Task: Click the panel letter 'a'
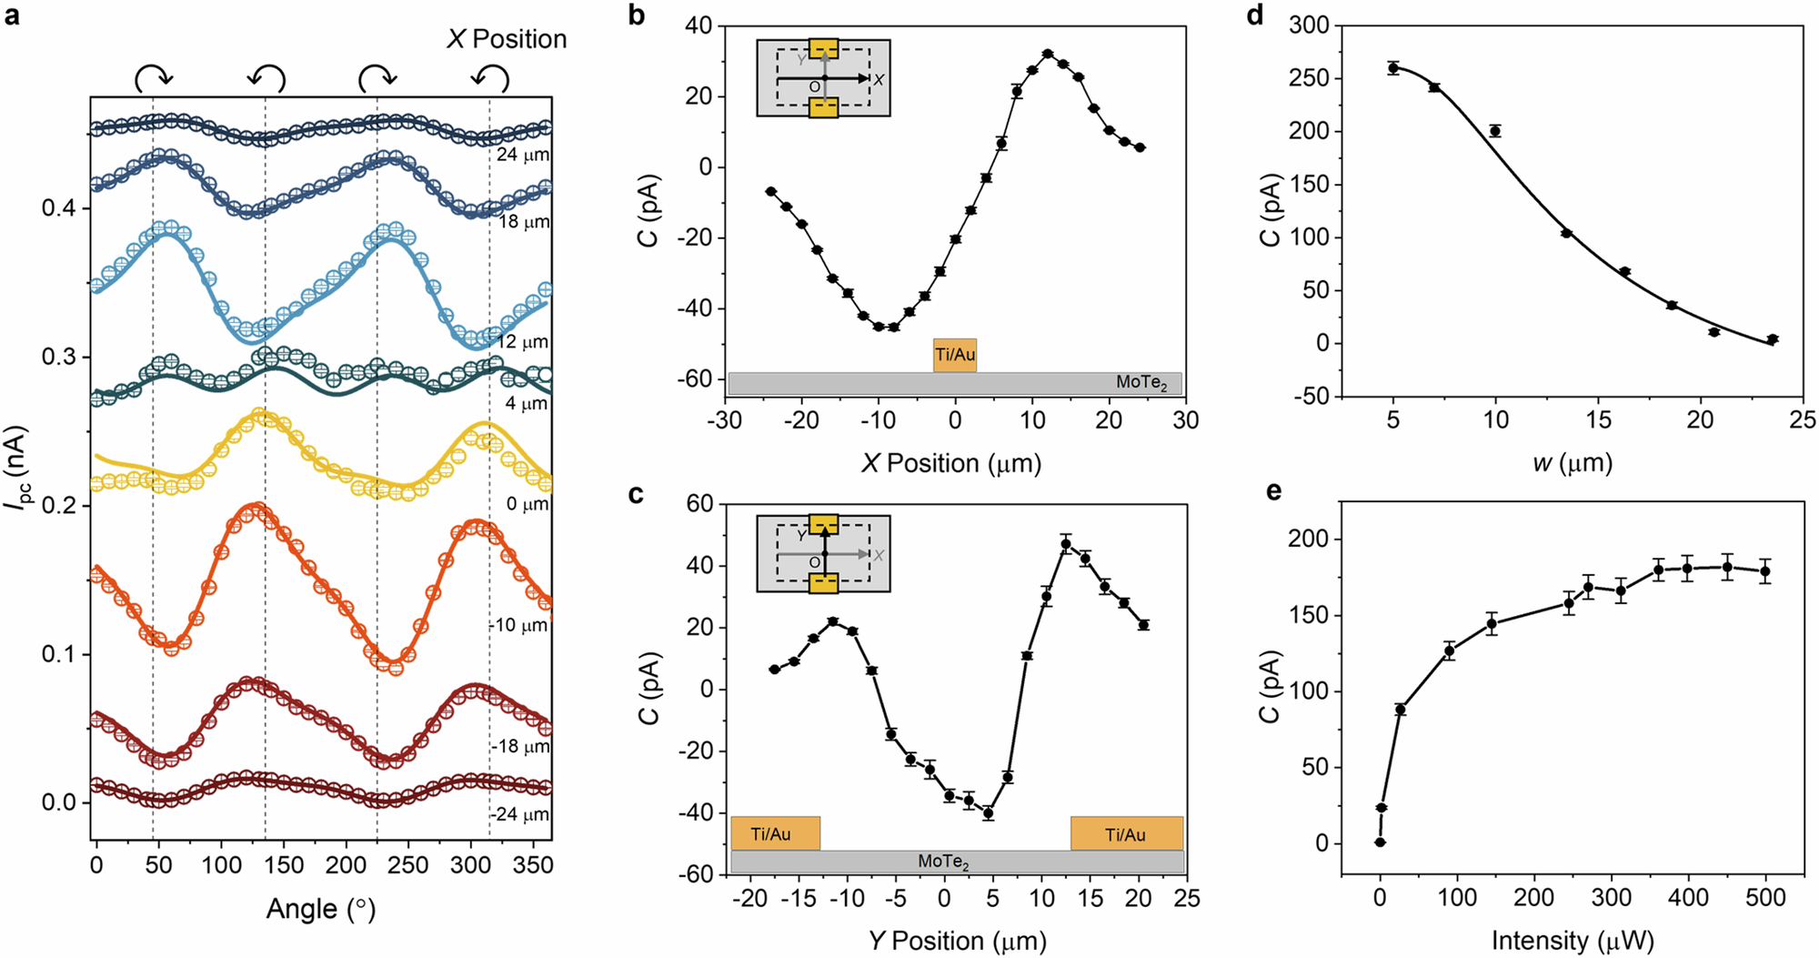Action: (x=12, y=15)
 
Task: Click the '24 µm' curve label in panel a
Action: (x=522, y=155)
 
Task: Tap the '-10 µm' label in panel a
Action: (x=518, y=626)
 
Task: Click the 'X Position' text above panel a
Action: (x=507, y=39)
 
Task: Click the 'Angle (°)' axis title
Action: (x=320, y=909)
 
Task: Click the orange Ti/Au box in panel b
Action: (x=955, y=355)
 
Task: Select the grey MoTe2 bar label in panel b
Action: (x=1141, y=383)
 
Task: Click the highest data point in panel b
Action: (x=1048, y=54)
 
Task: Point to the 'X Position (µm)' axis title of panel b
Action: (x=951, y=464)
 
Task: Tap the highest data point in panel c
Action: (x=1066, y=544)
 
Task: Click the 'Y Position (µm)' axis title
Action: (x=957, y=941)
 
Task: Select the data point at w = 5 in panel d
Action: (x=1393, y=67)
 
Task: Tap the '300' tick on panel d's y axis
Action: (x=1310, y=25)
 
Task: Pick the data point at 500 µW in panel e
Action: (x=1765, y=572)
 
